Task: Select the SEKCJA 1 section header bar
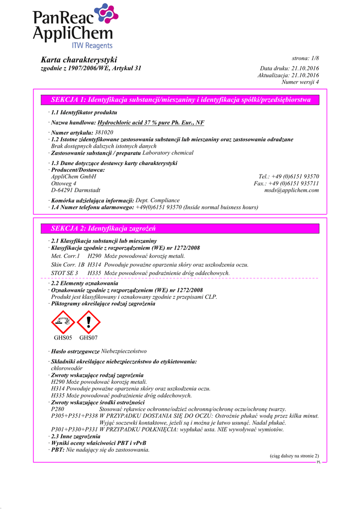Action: point(180,100)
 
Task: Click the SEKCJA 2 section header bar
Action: point(180,229)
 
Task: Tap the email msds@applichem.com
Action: point(291,190)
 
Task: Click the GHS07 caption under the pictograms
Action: point(89,338)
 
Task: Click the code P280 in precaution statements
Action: point(58,409)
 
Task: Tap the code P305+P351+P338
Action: point(74,416)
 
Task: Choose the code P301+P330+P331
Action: point(74,429)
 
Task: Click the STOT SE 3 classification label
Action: point(65,273)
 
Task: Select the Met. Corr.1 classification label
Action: point(66,255)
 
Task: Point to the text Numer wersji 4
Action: point(300,82)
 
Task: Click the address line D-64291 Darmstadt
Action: point(76,190)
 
